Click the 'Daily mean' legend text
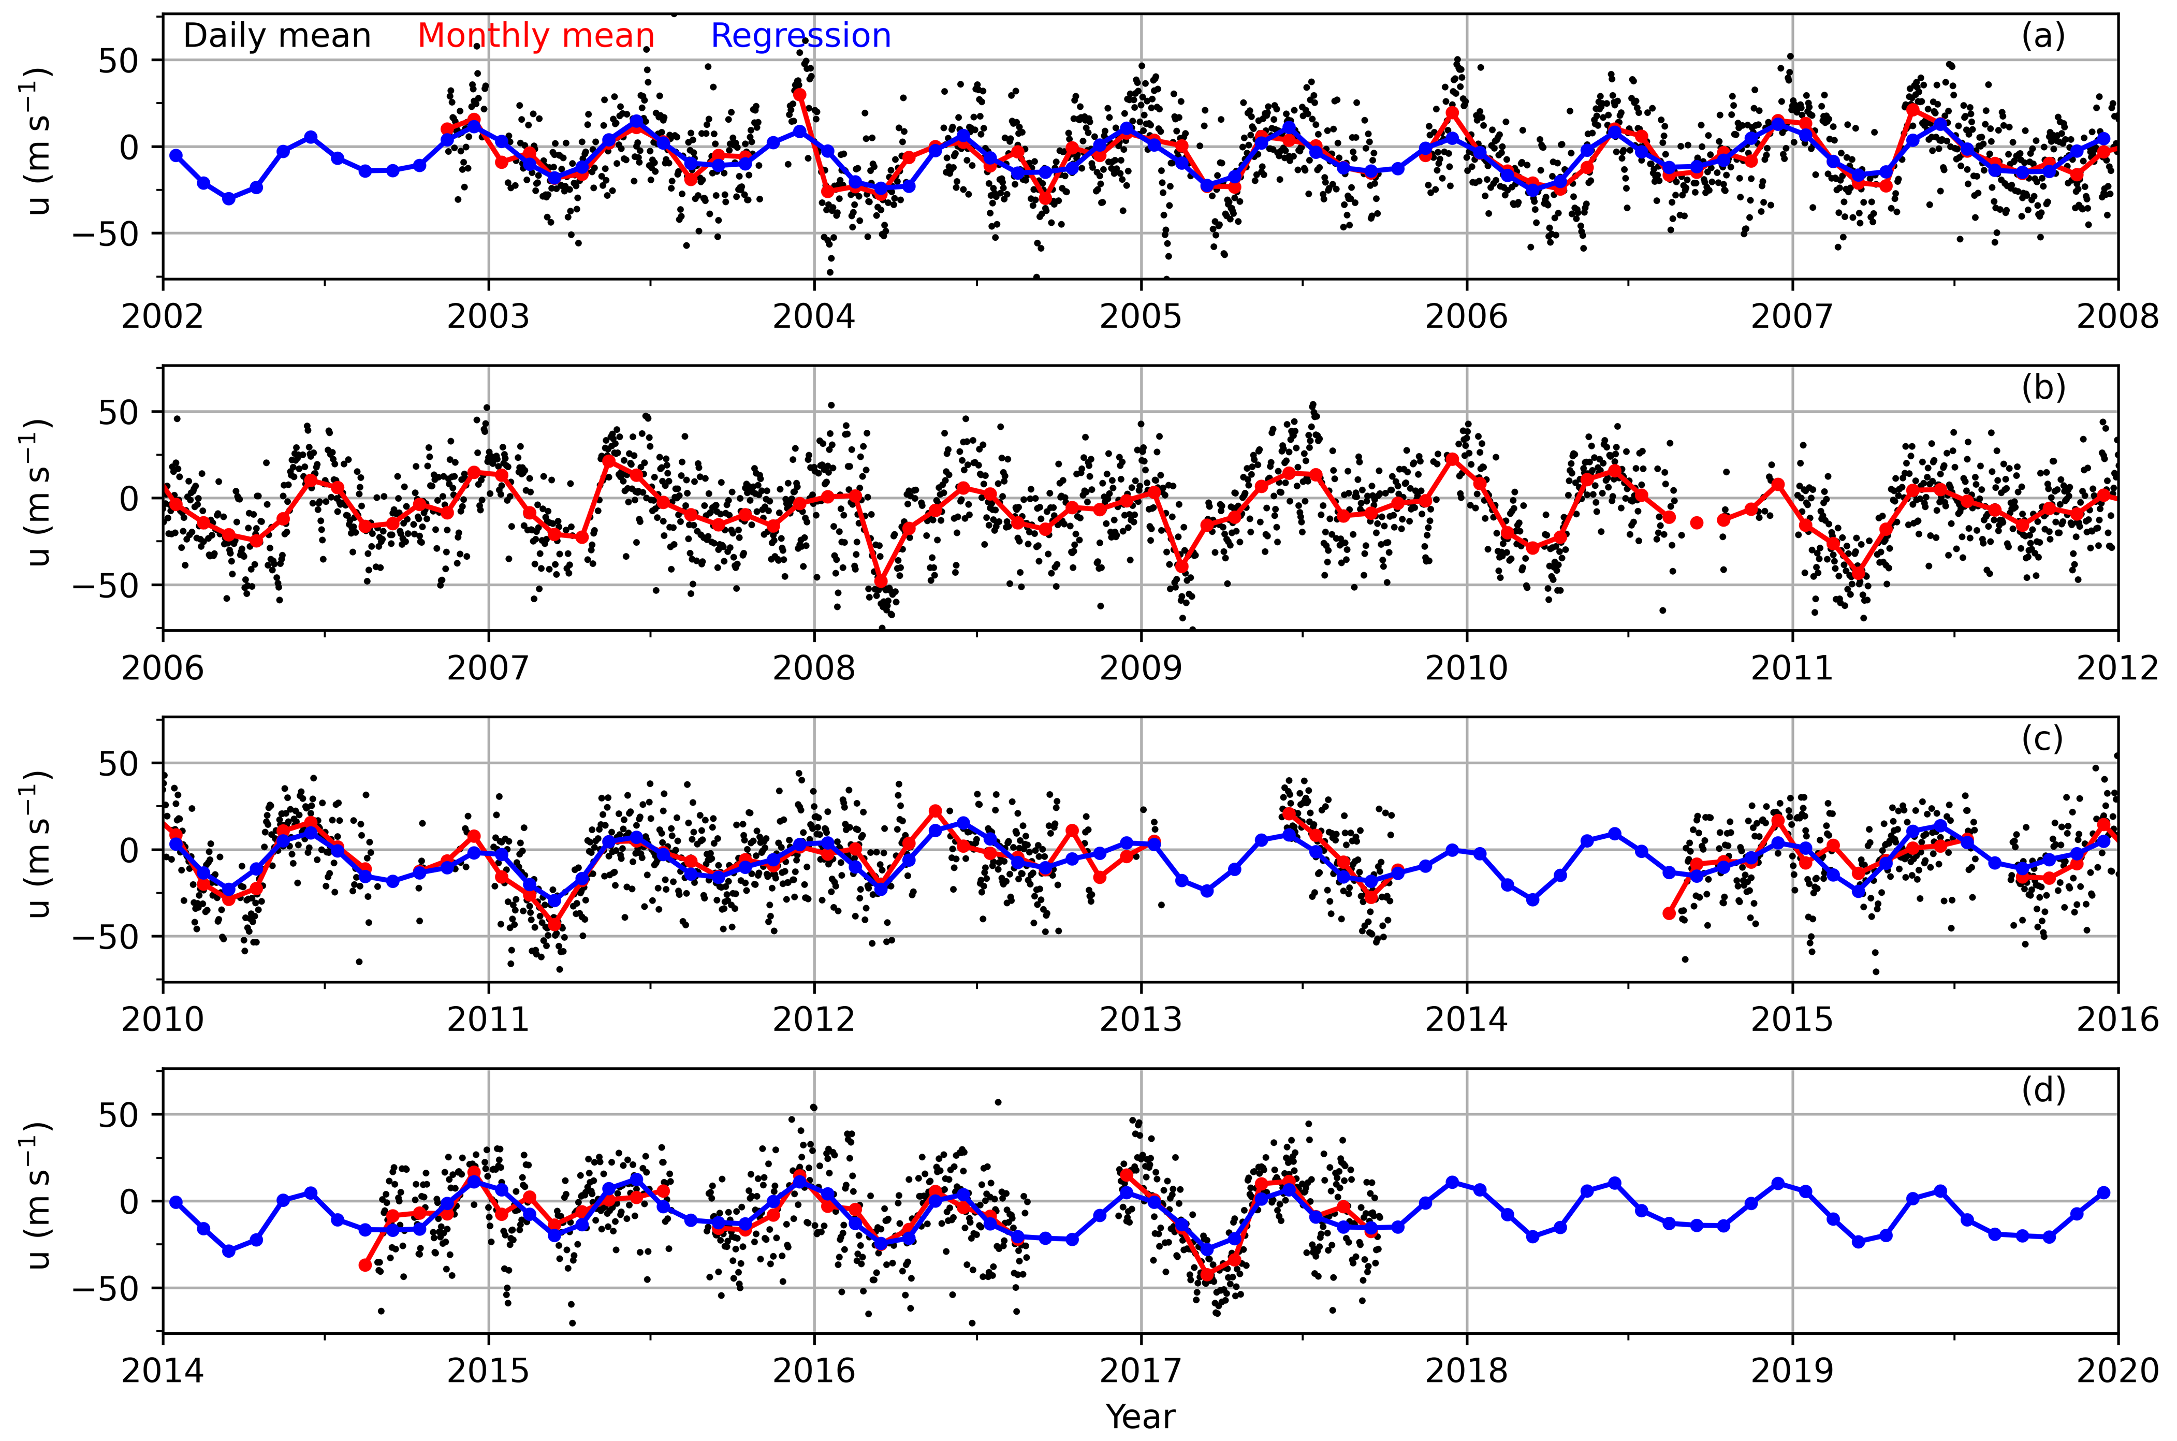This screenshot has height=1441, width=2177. click(276, 36)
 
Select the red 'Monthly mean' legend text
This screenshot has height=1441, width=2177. click(536, 36)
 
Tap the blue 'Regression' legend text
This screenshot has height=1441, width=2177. click(800, 36)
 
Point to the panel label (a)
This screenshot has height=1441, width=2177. click(2043, 36)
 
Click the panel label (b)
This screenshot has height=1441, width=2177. click(2043, 388)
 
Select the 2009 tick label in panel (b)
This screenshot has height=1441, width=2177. click(1141, 668)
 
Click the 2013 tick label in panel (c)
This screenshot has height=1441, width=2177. click(1141, 1019)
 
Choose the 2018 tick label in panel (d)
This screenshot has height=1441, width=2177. click(1467, 1370)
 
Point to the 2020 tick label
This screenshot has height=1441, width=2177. click(2118, 1370)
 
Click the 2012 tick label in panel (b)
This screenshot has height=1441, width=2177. click(2118, 668)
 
